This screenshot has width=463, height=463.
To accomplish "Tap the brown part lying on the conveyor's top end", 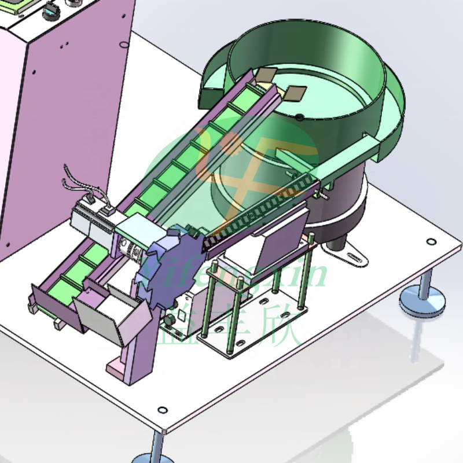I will click(266, 75).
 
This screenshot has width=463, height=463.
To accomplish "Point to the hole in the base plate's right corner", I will click(431, 241).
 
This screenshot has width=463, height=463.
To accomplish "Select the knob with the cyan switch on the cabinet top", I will click(51, 11).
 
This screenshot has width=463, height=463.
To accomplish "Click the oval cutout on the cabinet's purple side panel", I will click(122, 44).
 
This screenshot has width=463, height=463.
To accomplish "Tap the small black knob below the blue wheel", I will click(169, 320).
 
